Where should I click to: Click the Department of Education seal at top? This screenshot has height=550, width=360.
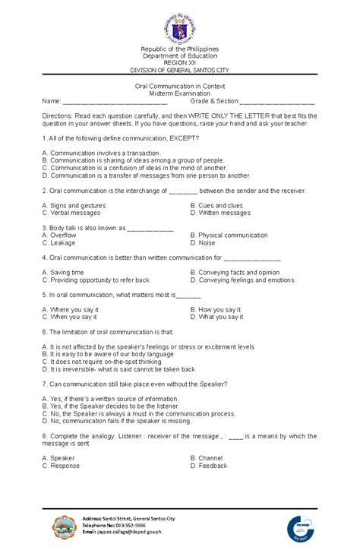180,29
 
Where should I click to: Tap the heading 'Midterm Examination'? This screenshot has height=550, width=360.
180,92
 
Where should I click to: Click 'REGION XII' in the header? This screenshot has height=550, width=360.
180,64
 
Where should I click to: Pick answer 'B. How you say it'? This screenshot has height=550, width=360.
216,310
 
